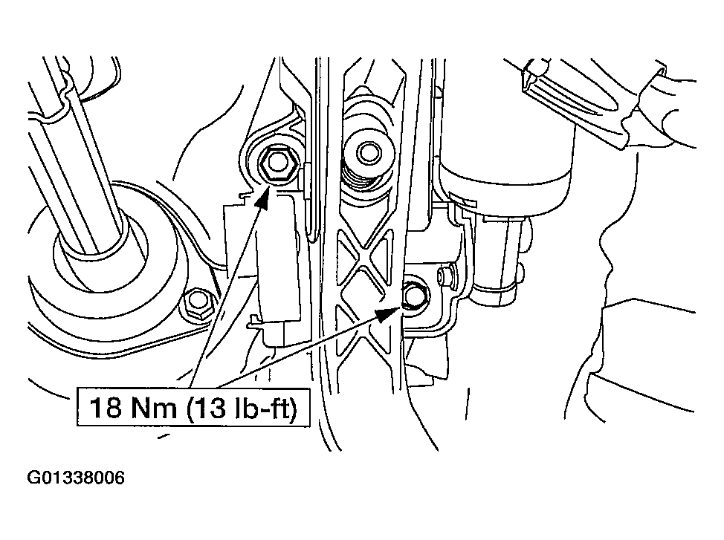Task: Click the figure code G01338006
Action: click(x=76, y=478)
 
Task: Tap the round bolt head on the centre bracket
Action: click(x=369, y=152)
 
